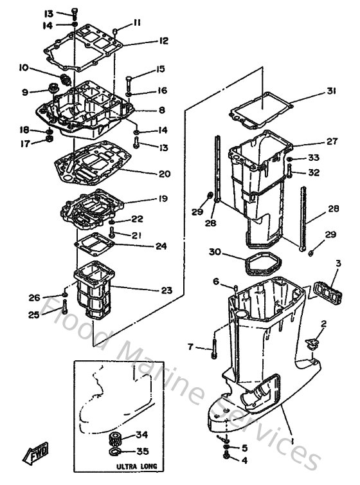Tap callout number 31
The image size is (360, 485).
[x=330, y=91]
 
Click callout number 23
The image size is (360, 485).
[x=166, y=290]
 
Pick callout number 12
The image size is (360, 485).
[x=163, y=41]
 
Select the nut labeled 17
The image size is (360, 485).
[x=48, y=143]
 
